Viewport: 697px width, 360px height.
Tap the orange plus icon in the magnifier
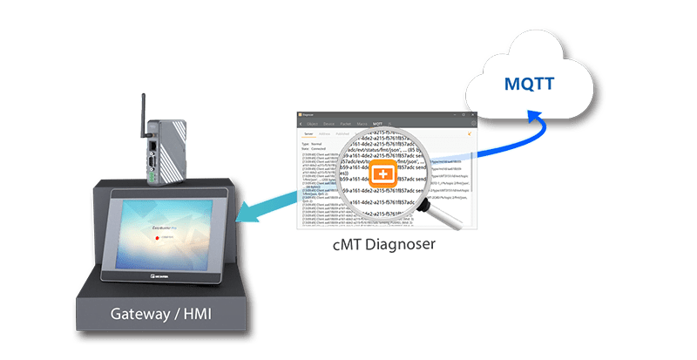381,174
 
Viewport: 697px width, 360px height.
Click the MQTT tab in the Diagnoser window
377,124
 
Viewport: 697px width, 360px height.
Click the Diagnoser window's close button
473,113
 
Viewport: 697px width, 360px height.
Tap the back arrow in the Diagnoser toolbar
301,124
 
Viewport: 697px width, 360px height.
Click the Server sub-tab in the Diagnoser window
308,134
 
